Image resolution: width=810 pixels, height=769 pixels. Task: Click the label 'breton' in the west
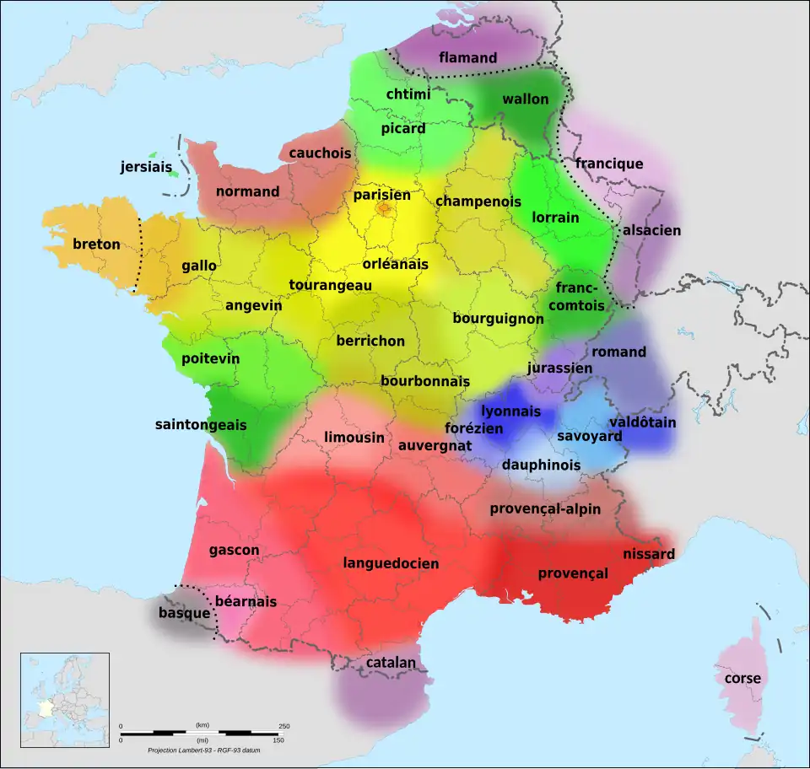[x=96, y=245]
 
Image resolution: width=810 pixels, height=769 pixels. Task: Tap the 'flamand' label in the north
[x=467, y=58]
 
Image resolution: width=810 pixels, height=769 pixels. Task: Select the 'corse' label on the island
[x=742, y=678]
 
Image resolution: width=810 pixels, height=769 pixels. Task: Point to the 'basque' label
[x=184, y=613]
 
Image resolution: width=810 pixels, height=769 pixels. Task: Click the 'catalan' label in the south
[x=391, y=663]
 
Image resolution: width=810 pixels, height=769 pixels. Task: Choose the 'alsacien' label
[x=651, y=230]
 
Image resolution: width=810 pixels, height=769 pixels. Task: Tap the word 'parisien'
[x=381, y=195]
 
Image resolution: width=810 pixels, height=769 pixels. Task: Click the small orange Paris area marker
[x=384, y=208]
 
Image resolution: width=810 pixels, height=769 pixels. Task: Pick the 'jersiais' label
[x=145, y=167]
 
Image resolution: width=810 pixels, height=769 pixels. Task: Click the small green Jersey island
[x=153, y=155]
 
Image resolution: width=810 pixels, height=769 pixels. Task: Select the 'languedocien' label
[x=391, y=562]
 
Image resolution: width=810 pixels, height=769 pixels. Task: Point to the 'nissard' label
[x=649, y=554]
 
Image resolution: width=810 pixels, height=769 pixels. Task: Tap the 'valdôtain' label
[x=642, y=422]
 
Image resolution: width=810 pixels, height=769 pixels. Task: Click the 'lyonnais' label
[x=510, y=411]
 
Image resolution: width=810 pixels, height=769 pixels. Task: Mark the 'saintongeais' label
[x=201, y=424]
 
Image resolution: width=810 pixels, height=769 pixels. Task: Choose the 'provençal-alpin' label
[x=545, y=508]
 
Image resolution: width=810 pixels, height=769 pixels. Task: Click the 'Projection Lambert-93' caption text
[x=203, y=750]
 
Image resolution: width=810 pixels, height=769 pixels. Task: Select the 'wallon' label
[x=525, y=99]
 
